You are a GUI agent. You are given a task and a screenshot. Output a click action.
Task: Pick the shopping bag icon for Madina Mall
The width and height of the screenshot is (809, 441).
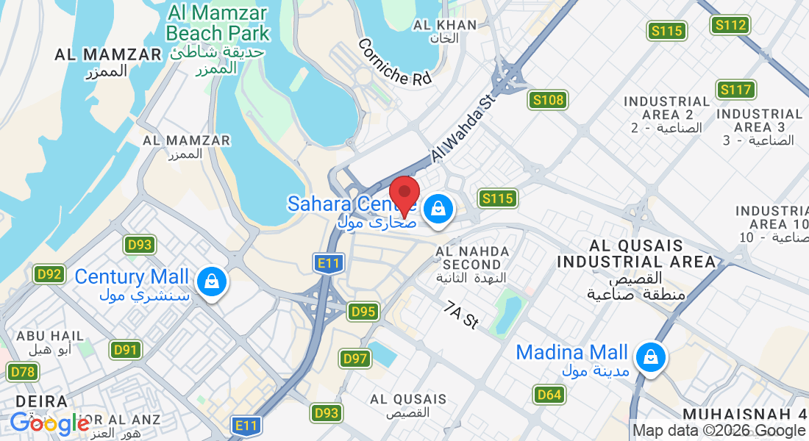[x=650, y=359]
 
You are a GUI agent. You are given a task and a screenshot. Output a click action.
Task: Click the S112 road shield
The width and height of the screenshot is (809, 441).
[x=730, y=25]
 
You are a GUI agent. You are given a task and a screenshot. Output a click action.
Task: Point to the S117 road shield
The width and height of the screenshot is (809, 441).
[x=736, y=90]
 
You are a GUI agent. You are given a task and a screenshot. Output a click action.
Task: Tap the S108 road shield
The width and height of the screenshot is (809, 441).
[x=547, y=100]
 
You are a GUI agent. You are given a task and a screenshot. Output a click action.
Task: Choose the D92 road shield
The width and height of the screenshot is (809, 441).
[x=50, y=275]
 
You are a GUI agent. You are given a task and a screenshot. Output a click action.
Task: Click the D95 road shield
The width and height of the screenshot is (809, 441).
[x=363, y=312]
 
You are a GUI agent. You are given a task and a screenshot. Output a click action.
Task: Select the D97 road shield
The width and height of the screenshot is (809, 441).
[x=355, y=359]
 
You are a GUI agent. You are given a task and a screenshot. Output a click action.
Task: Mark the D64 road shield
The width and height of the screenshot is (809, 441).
[x=549, y=395]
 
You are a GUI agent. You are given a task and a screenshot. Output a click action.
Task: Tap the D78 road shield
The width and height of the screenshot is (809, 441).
[x=23, y=372]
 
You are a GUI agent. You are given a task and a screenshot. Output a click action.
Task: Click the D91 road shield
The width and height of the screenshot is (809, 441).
[x=126, y=350]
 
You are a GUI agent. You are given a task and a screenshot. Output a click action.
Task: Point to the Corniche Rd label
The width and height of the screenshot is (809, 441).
[x=394, y=62]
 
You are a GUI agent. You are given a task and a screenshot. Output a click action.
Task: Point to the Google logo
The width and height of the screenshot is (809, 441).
[x=50, y=424]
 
